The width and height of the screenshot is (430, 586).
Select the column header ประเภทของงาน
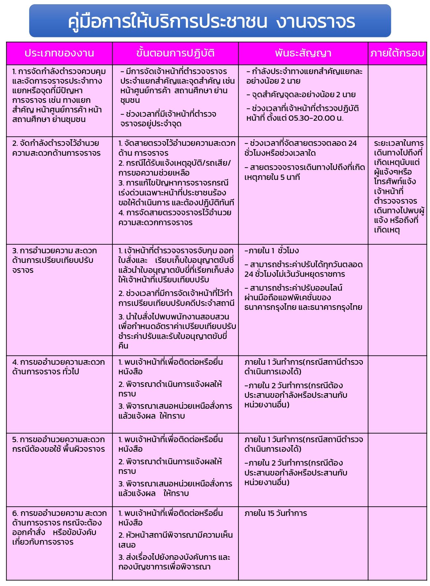59,53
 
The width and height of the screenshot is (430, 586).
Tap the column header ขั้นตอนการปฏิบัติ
175,53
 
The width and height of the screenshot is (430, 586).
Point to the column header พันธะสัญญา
303,53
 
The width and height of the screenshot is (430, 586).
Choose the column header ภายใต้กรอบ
397,53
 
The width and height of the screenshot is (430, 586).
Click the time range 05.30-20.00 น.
316,118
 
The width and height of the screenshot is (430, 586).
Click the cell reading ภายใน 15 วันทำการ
276,513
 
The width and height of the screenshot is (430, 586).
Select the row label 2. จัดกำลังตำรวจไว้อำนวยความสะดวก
56,148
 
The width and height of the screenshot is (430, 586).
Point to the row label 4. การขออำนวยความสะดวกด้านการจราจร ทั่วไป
58,367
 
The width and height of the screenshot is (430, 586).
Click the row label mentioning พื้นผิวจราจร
58,444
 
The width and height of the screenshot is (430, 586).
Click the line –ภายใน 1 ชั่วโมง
272,250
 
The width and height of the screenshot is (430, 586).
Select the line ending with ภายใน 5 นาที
304,172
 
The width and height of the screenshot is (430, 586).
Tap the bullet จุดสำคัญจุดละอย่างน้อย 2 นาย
301,95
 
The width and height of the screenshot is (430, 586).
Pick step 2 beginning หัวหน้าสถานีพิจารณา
175,540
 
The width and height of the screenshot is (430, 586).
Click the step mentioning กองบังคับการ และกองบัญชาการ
174,562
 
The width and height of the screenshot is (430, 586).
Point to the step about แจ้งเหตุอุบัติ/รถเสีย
175,168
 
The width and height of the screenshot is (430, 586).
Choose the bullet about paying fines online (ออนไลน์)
303,297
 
